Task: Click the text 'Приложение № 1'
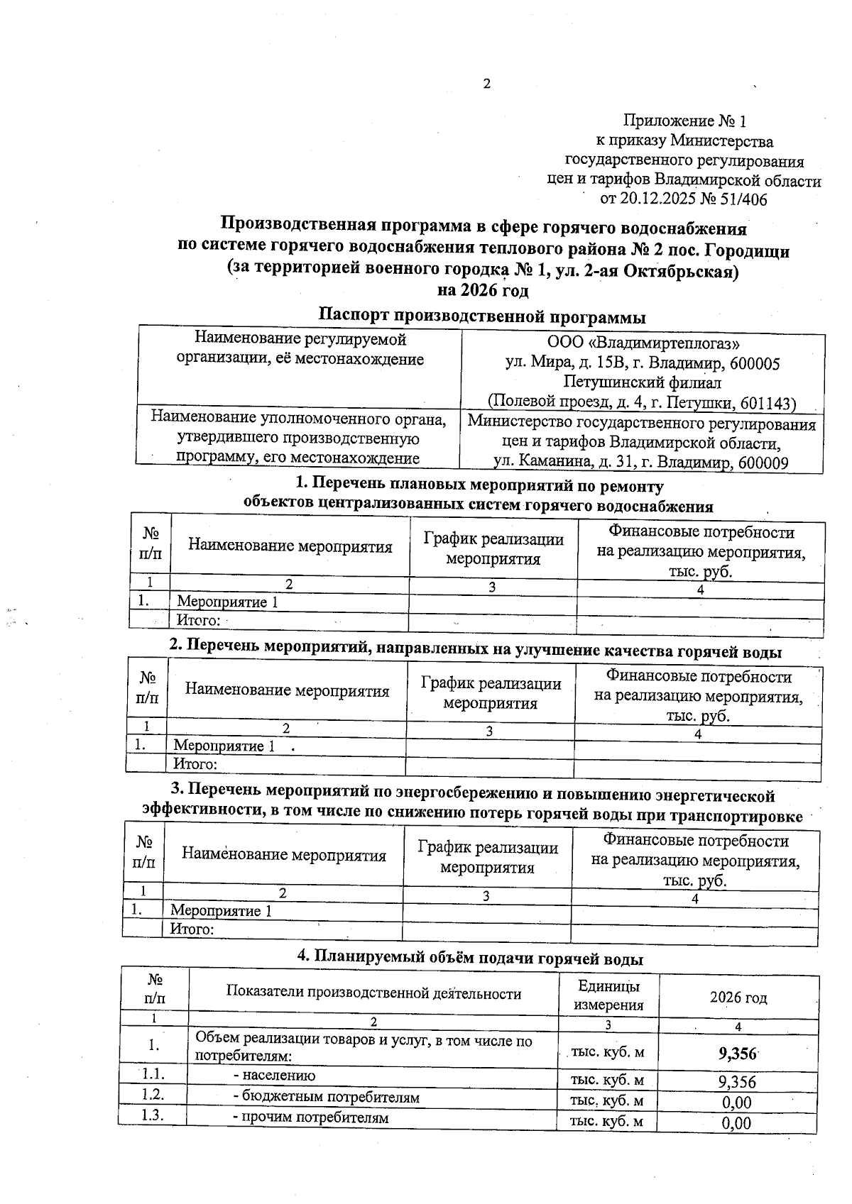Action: tap(684, 121)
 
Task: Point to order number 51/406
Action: tap(743, 199)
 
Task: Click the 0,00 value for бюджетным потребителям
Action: tap(736, 1103)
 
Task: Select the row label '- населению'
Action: tap(274, 1075)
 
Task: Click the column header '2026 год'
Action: tap(738, 998)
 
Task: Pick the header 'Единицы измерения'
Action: tap(608, 995)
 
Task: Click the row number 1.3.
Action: tap(153, 1115)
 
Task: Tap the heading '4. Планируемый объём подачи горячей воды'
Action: tap(469, 959)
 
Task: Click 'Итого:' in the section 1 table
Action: tap(198, 621)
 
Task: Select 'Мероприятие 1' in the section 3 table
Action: tap(221, 910)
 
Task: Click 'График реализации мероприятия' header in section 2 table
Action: tap(491, 693)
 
